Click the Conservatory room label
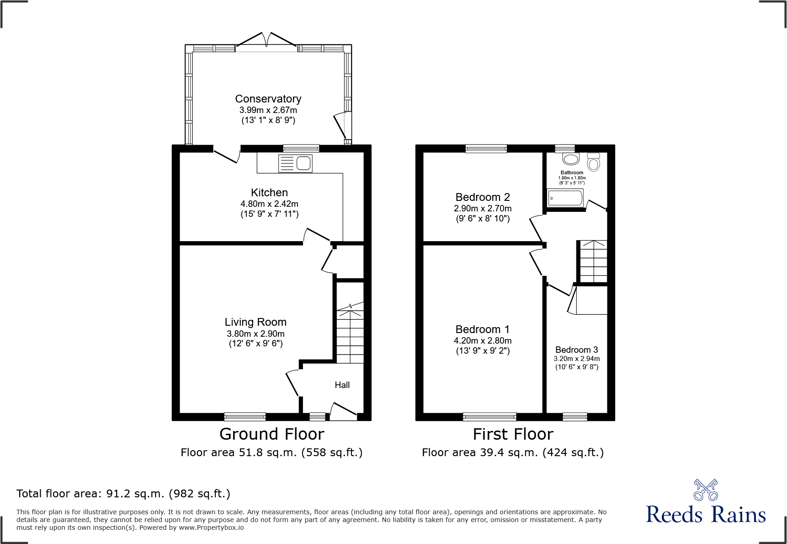[x=268, y=99]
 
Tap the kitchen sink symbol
[x=296, y=163]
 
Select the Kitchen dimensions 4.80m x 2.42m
[x=269, y=204]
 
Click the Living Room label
[x=255, y=322]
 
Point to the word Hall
[x=342, y=385]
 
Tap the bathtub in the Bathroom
[x=565, y=198]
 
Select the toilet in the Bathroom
[x=593, y=162]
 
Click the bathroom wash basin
[x=571, y=159]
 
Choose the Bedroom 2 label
[x=483, y=197]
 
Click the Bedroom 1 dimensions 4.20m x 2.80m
[x=483, y=341]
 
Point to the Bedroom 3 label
[x=576, y=350]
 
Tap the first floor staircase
[x=593, y=261]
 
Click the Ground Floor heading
[x=271, y=434]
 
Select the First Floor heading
[x=513, y=434]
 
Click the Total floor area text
[x=123, y=494]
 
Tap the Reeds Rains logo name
[x=706, y=515]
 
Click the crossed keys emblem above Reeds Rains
[x=706, y=490]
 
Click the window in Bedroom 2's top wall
[x=486, y=148]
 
